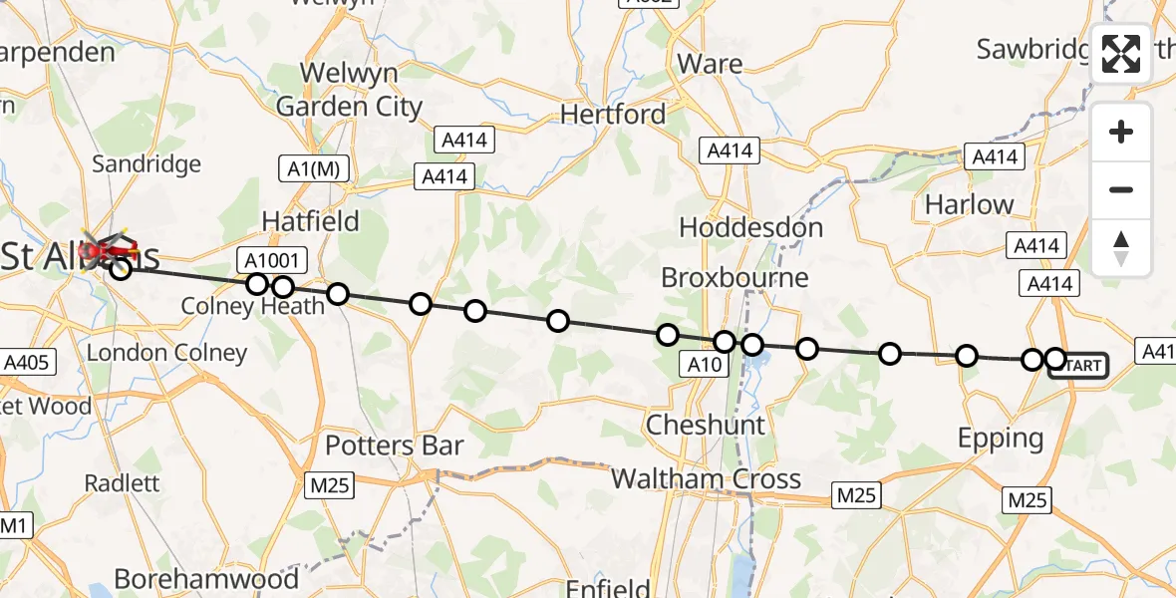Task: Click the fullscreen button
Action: coord(1121,54)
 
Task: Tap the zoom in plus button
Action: coord(1121,132)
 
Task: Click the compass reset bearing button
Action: coord(1121,248)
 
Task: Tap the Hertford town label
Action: coord(613,115)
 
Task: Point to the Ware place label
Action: coord(710,64)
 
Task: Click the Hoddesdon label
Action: coord(751,227)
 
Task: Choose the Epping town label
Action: coord(1000,438)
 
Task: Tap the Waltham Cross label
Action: coord(706,478)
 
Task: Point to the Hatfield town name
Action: coord(310,220)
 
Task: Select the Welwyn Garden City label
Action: coord(350,90)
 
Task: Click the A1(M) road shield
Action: coord(314,169)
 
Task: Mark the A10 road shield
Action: coord(705,365)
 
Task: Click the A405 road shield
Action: coord(26,362)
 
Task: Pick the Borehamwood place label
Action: coord(206,579)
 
